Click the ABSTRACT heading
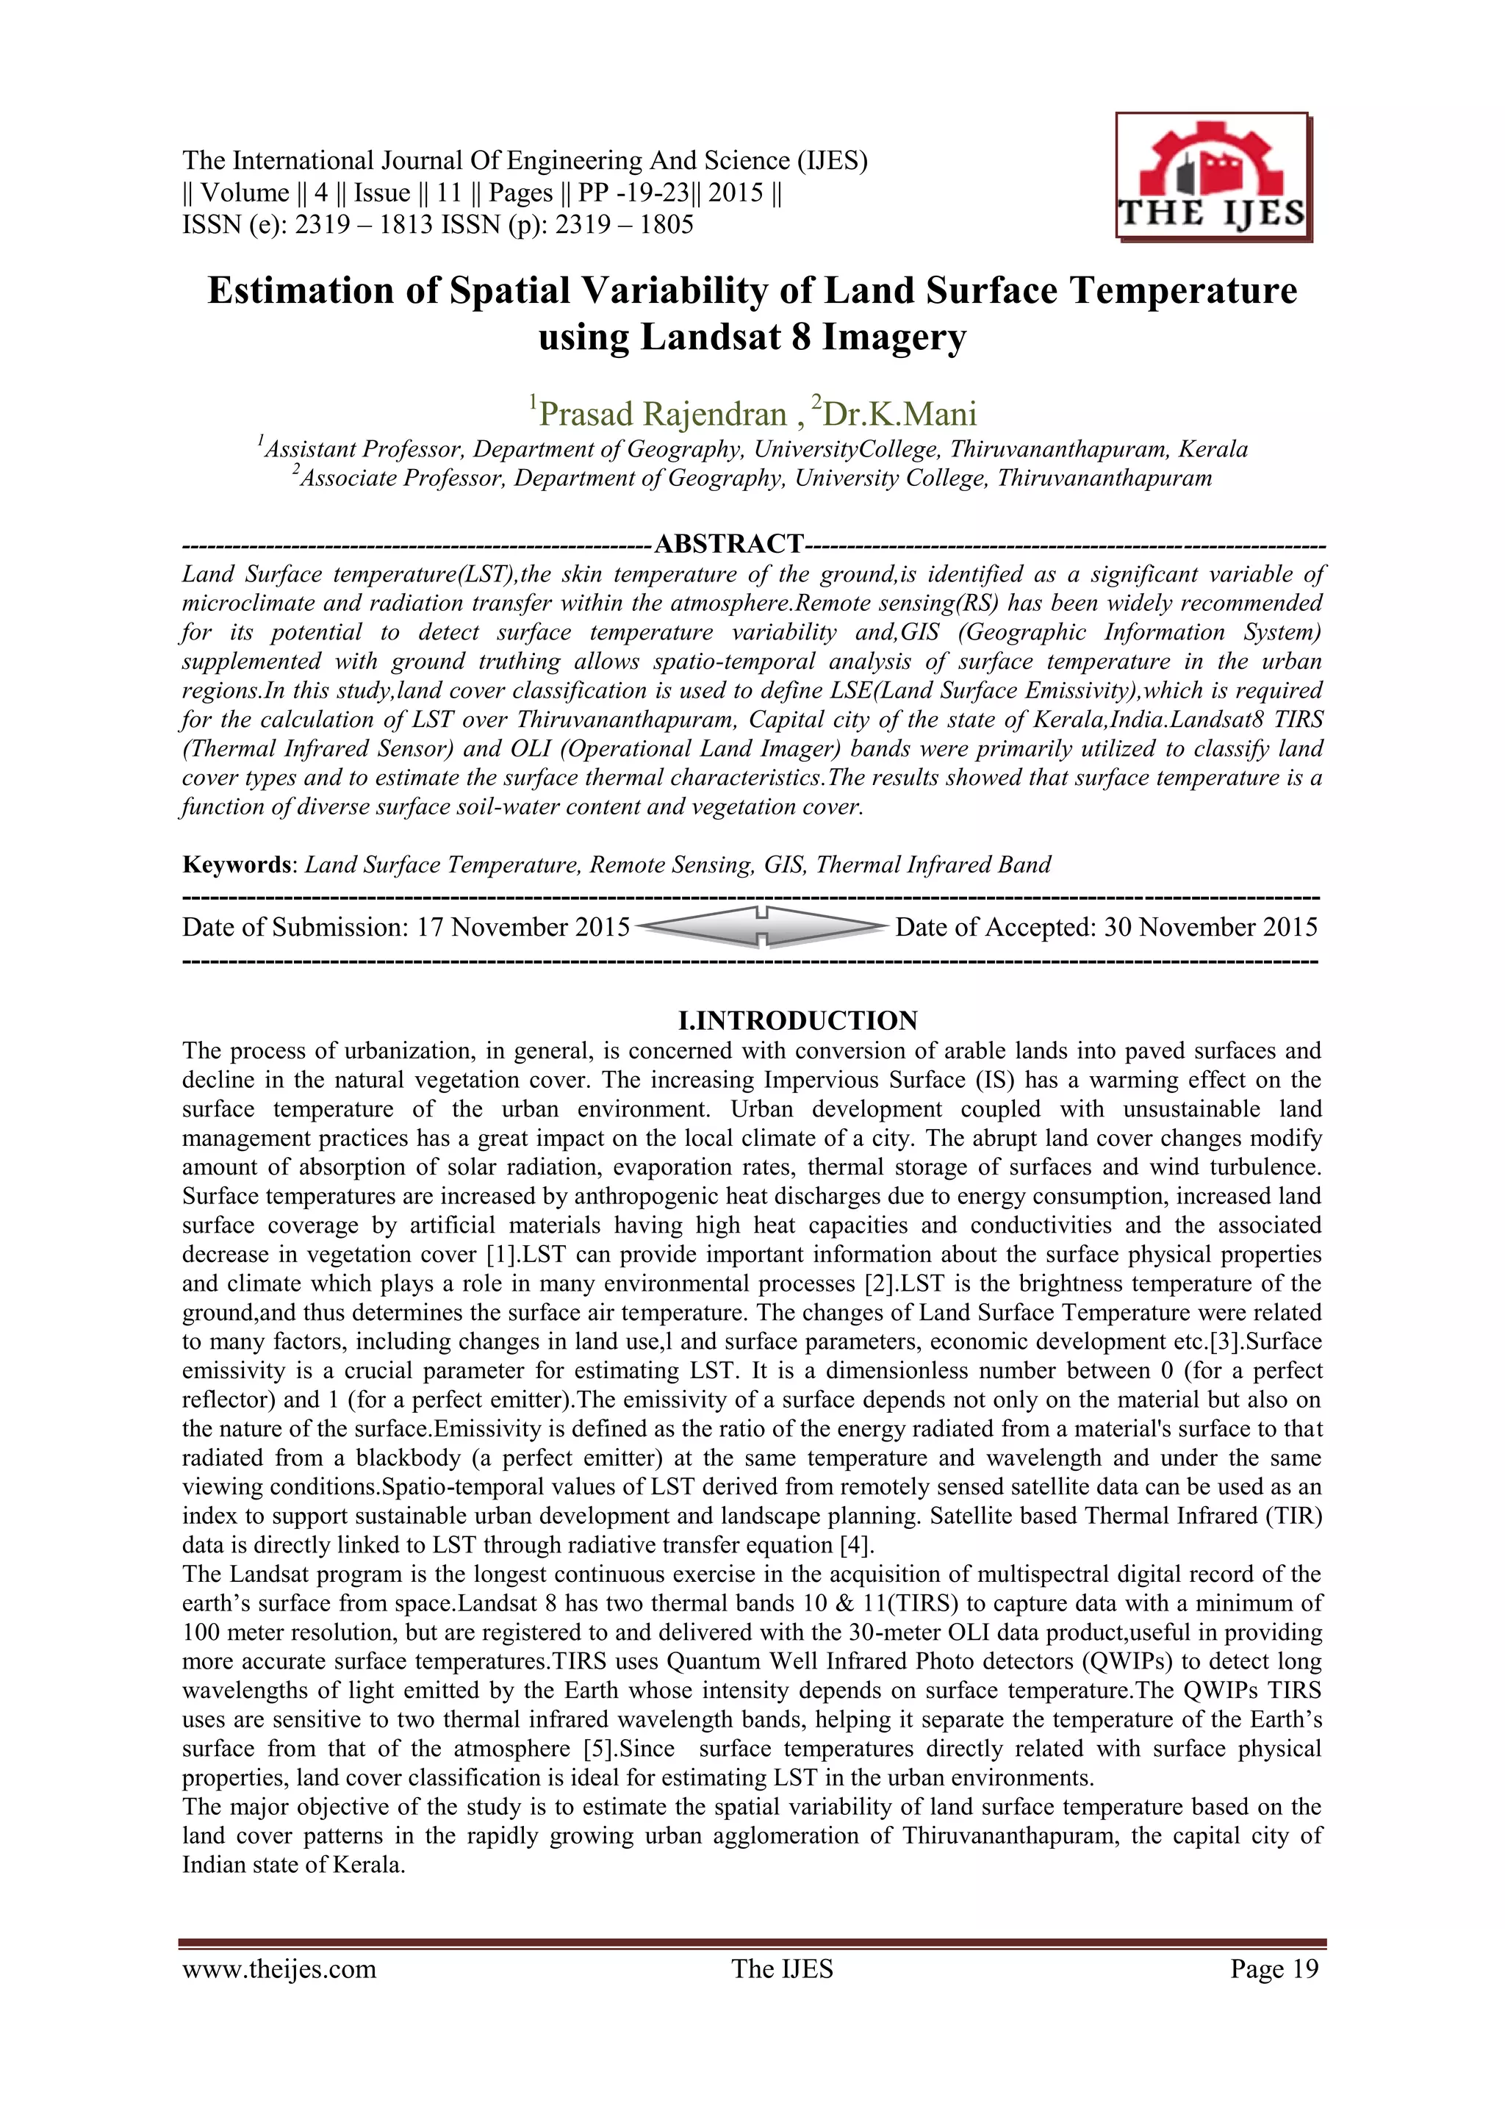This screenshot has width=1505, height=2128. pyautogui.click(x=728, y=543)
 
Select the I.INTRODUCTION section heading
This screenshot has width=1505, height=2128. pyautogui.click(x=798, y=1020)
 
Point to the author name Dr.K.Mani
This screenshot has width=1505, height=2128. pyautogui.click(x=897, y=413)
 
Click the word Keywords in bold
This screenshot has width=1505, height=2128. pyautogui.click(x=237, y=864)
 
